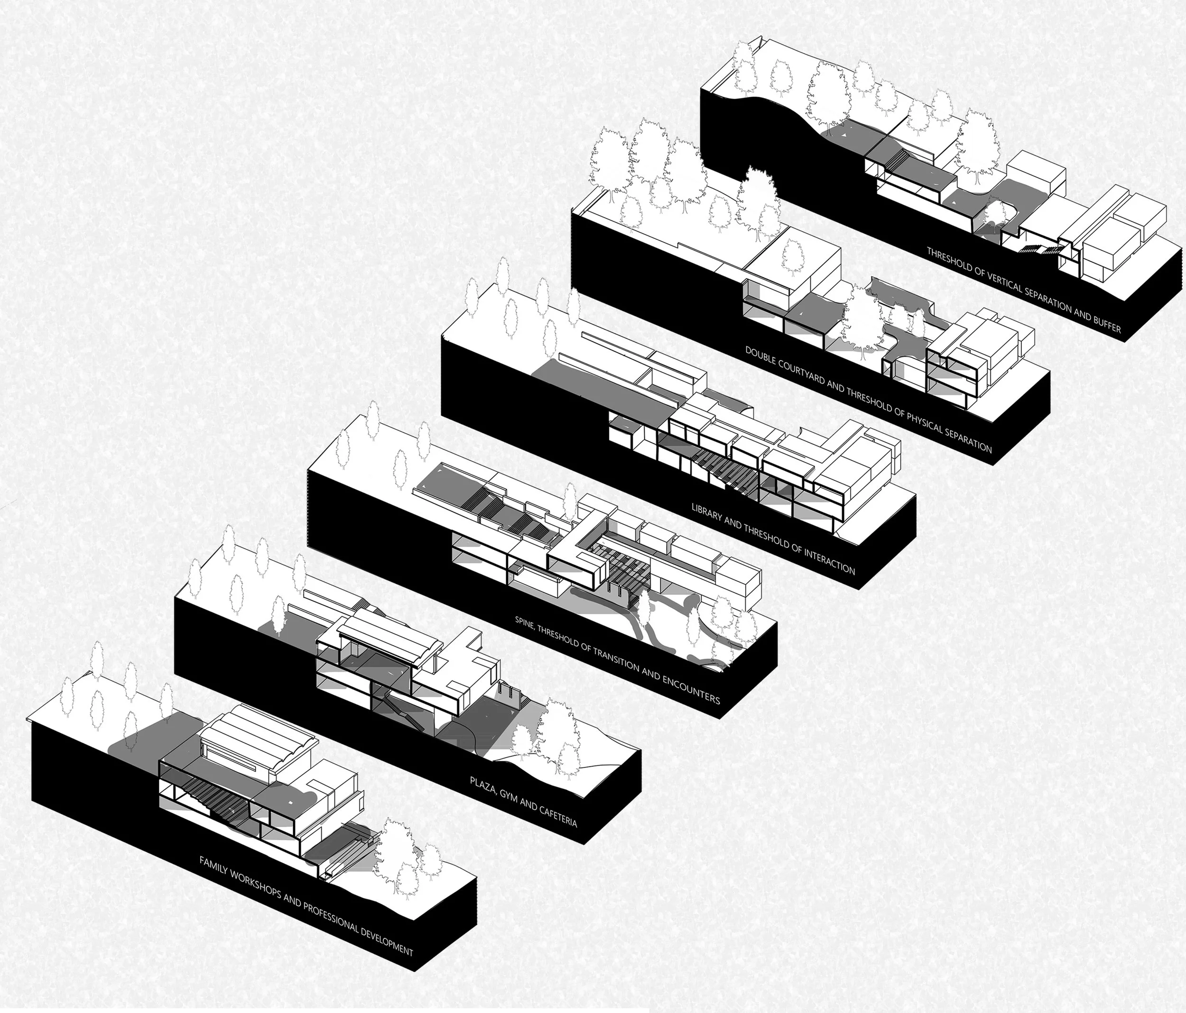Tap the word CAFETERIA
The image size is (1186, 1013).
(555, 818)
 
